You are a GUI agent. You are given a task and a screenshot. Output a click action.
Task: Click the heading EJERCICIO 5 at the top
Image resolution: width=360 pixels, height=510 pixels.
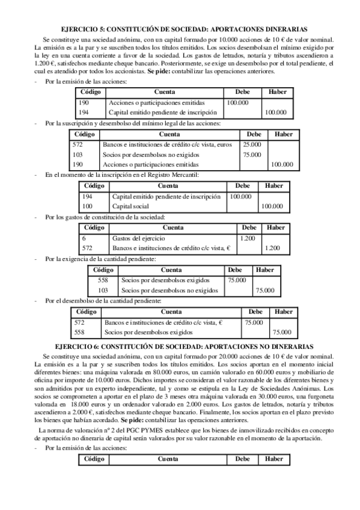[x=180, y=28]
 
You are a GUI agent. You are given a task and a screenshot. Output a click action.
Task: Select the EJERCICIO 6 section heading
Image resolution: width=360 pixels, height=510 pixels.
[x=180, y=347]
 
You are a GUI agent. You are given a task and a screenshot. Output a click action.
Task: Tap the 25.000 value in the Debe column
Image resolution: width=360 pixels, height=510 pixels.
[x=252, y=145]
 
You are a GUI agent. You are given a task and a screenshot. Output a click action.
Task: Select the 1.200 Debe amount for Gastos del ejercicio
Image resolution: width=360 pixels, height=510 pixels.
[x=248, y=238]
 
